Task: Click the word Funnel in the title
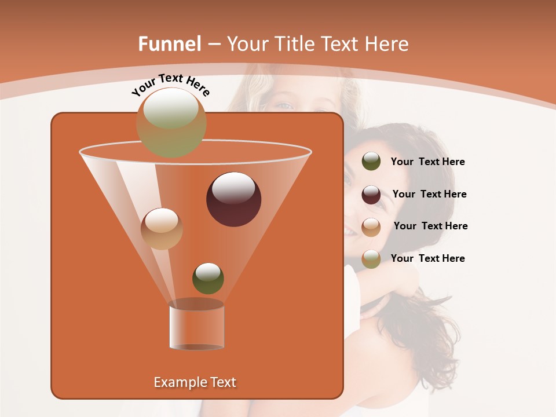[x=169, y=44]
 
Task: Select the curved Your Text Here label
[x=170, y=85]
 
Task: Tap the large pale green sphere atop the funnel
[x=171, y=122]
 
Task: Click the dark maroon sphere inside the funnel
[x=233, y=199]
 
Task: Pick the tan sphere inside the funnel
[x=162, y=228]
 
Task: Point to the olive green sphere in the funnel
[x=208, y=278]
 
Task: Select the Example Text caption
[x=195, y=382]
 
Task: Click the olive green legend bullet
[x=371, y=162]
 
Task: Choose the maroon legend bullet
[x=371, y=194]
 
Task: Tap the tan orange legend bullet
[x=371, y=226]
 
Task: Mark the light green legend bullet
[x=371, y=258]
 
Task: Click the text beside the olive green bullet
[x=427, y=162]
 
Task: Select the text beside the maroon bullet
[x=429, y=195]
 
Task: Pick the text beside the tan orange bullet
[x=430, y=226]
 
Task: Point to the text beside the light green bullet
[x=427, y=258]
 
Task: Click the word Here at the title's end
[x=387, y=44]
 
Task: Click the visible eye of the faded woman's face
[x=284, y=105]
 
